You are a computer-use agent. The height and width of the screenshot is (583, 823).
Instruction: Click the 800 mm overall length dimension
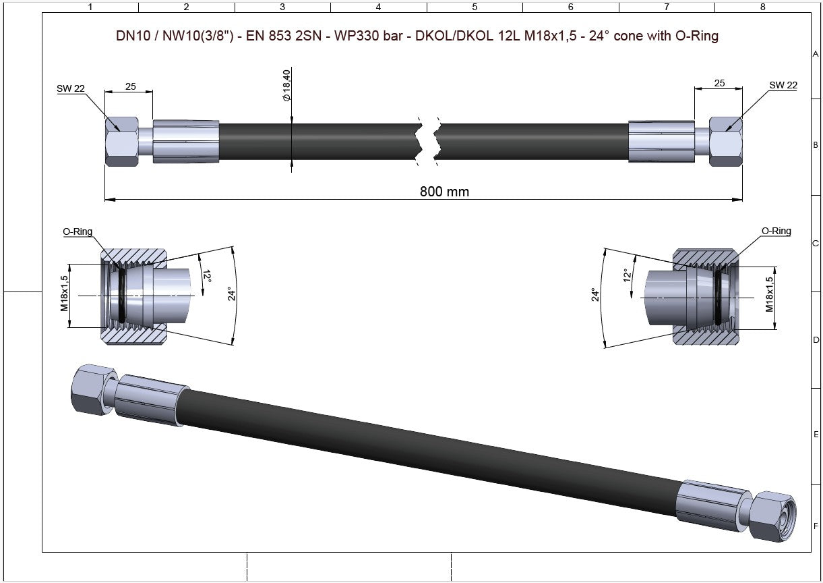[x=444, y=192]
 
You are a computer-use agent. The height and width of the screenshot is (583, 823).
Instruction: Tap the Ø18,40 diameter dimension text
[x=286, y=85]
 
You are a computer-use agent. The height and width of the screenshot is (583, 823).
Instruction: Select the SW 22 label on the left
[x=71, y=88]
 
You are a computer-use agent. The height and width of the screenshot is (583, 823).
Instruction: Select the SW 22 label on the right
[x=783, y=85]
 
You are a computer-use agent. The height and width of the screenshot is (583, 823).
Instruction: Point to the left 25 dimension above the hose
[x=131, y=86]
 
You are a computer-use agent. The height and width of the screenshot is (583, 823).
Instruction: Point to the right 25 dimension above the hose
[x=719, y=83]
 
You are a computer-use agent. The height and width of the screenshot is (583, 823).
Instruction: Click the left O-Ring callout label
[x=78, y=231]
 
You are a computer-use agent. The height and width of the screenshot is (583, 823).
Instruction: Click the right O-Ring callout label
[x=776, y=231]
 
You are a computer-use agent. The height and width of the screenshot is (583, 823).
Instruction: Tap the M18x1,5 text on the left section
[x=64, y=293]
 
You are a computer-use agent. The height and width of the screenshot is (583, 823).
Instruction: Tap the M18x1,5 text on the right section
[x=769, y=294]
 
